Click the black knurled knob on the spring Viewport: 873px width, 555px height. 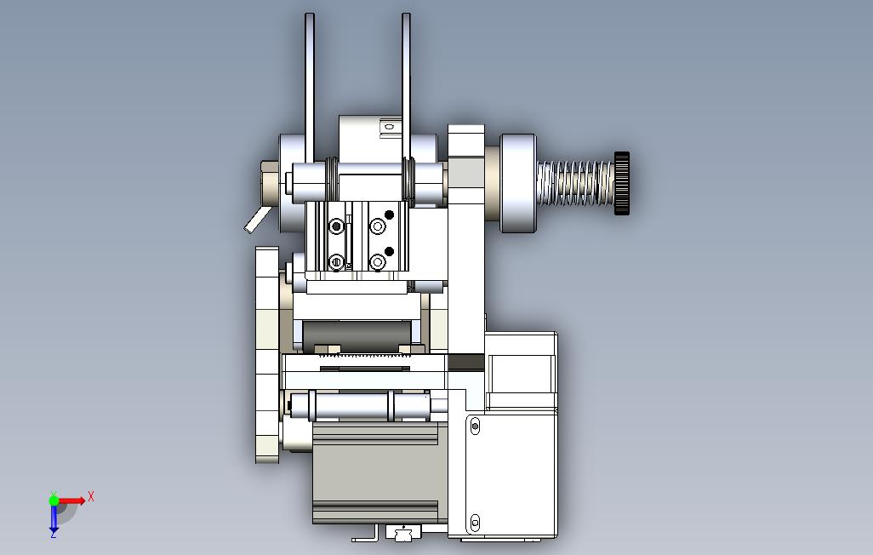622,183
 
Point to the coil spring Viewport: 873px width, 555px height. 576,183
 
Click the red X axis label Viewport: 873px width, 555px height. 91,496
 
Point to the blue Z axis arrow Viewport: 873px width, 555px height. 54,518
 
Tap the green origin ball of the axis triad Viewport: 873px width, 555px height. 54,501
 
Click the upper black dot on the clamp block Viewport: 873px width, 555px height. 389,215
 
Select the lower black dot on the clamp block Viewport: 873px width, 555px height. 389,251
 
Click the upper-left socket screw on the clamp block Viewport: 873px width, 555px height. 336,226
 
